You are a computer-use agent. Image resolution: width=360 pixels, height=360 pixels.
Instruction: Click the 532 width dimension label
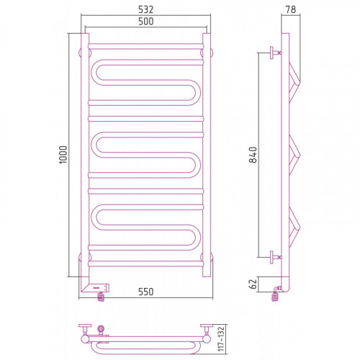coord(145,9)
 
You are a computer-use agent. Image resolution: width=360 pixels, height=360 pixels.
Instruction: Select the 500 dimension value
coord(145,22)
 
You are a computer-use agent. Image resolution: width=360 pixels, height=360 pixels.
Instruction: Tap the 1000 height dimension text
coord(63,155)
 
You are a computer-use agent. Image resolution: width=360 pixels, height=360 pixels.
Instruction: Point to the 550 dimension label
coord(145,292)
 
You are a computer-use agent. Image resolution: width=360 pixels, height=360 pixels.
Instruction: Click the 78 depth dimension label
coord(291,9)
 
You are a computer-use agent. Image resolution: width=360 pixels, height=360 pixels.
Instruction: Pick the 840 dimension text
coord(253,155)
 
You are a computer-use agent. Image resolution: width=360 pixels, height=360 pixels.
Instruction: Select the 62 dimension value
coord(253,284)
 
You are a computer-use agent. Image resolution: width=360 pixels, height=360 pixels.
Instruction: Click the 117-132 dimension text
coord(221,338)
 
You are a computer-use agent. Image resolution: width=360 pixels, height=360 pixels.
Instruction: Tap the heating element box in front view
coord(99,287)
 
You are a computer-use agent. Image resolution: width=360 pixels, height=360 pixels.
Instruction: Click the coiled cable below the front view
coord(101,297)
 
